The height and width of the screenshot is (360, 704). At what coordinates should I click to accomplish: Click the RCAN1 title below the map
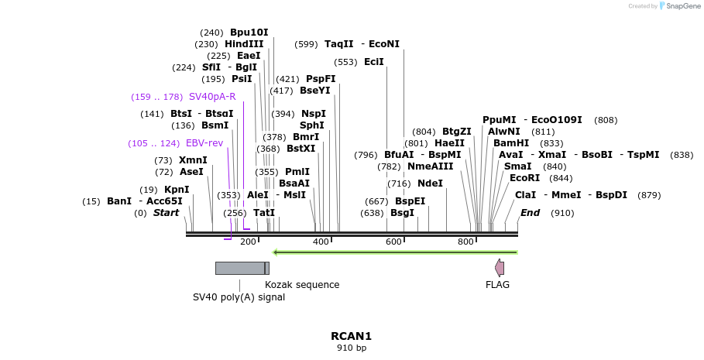pyautogui.click(x=351, y=336)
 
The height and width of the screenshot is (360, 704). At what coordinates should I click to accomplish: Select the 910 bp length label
pyautogui.click(x=351, y=348)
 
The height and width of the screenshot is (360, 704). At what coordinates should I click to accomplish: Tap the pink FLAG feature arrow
pyautogui.click(x=500, y=268)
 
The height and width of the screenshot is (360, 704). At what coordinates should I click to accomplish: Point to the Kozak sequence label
pyautogui.click(x=302, y=284)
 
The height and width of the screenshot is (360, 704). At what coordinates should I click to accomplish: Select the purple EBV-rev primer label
pyautogui.click(x=204, y=143)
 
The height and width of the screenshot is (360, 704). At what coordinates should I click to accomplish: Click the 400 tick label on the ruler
pyautogui.click(x=320, y=242)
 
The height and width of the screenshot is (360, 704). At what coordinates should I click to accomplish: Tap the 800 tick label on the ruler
pyautogui.click(x=465, y=242)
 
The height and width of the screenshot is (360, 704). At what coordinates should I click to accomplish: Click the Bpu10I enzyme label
pyautogui.click(x=249, y=33)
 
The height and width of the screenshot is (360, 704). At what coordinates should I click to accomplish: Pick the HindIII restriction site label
pyautogui.click(x=244, y=44)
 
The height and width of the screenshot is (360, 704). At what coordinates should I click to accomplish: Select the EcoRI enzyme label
pyautogui.click(x=524, y=178)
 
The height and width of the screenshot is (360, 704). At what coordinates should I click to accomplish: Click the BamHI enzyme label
pyautogui.click(x=511, y=143)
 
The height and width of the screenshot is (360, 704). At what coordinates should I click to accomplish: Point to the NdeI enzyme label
pyautogui.click(x=430, y=183)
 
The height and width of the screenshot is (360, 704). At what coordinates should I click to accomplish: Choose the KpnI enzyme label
pyautogui.click(x=176, y=190)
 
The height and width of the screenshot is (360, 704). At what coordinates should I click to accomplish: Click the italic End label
pyautogui.click(x=530, y=213)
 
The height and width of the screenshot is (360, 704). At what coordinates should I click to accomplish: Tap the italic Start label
pyautogui.click(x=166, y=213)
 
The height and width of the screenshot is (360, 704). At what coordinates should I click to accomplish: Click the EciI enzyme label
pyautogui.click(x=373, y=62)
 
